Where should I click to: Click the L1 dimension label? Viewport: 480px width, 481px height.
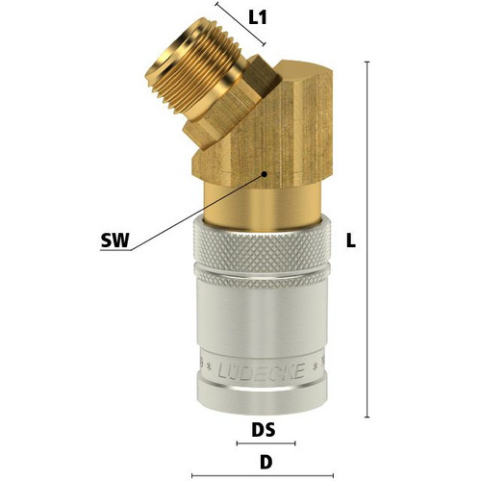258,18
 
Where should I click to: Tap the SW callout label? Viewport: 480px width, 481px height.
114,240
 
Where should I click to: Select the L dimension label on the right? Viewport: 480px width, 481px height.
351,240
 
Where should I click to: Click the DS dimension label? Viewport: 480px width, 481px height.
264,430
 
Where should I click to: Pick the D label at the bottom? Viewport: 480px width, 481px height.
265,462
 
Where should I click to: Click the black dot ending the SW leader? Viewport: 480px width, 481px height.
265,174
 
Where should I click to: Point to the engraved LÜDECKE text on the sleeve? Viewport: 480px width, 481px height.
261,371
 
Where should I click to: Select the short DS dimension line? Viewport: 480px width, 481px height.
265,443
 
